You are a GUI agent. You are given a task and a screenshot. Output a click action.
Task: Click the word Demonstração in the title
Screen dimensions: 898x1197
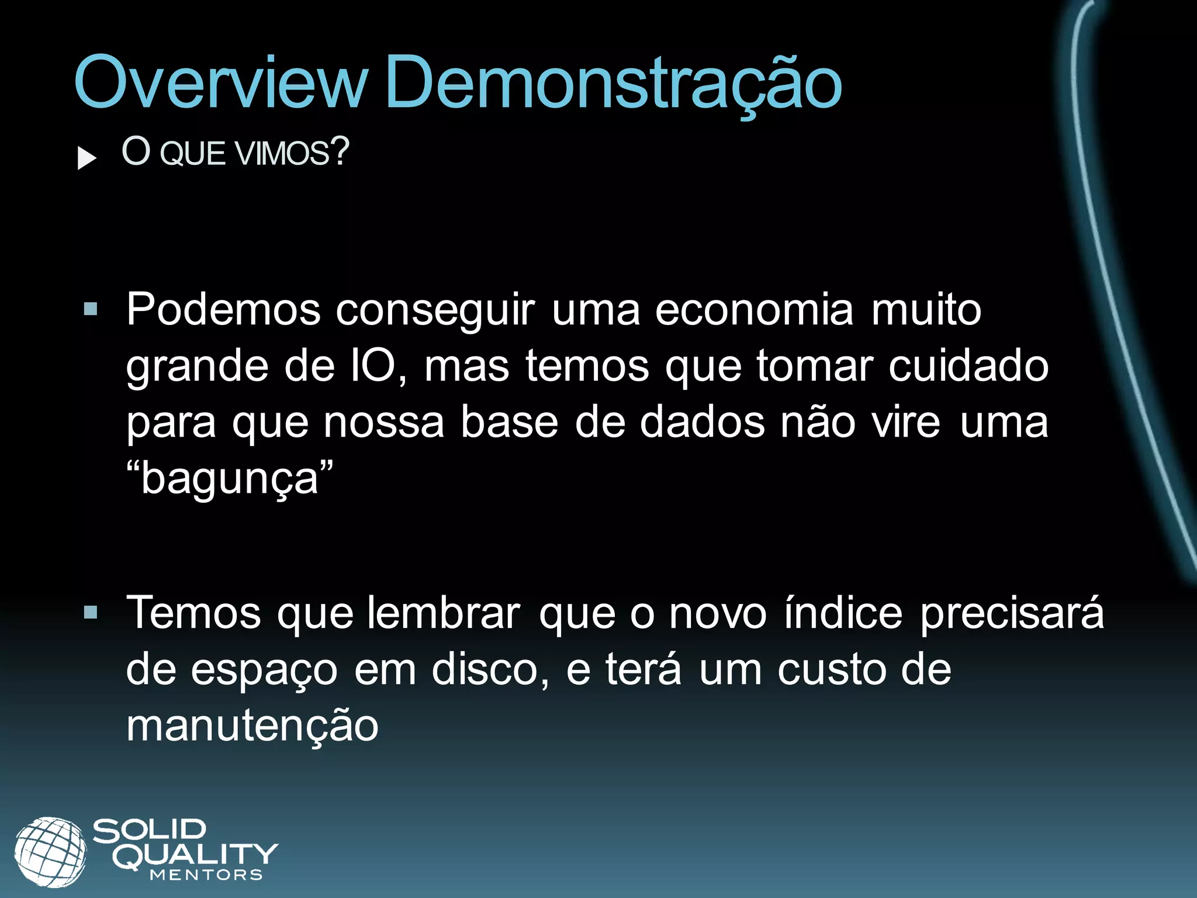613,84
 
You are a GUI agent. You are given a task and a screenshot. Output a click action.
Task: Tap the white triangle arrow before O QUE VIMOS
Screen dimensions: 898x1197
87,158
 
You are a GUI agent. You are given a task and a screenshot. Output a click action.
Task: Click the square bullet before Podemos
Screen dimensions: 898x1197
91,309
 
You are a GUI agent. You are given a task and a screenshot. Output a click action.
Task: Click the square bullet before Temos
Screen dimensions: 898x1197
91,612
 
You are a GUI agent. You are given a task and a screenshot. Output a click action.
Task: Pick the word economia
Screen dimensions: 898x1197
755,309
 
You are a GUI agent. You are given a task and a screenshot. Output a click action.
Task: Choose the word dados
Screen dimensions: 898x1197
702,422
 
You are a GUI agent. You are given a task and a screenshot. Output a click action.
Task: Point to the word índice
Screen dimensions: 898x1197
843,613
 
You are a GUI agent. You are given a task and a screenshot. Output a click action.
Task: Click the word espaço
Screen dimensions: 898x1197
264,670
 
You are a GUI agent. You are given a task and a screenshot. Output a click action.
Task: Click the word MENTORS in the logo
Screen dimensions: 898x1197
206,875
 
